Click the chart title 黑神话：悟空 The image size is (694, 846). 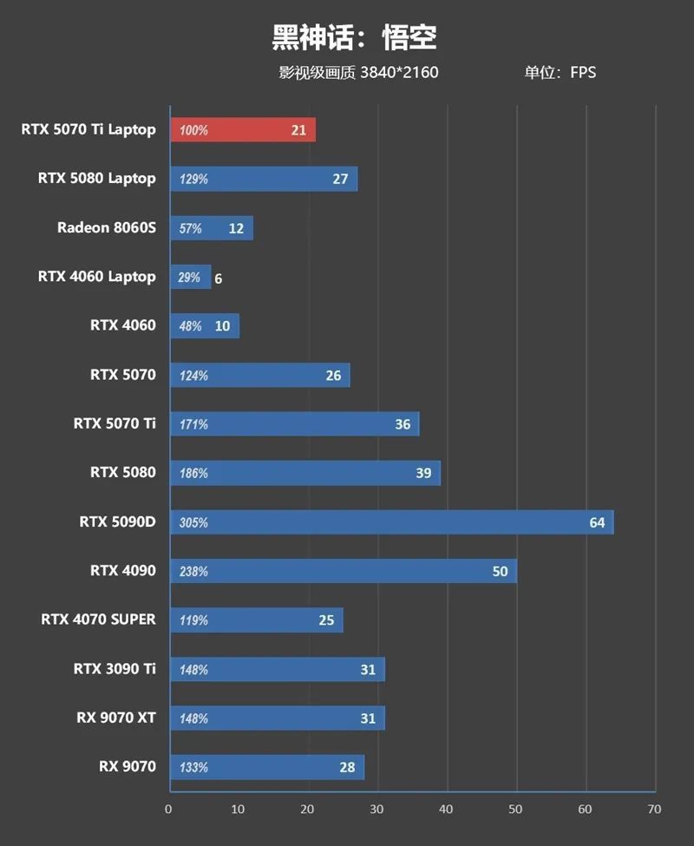click(x=354, y=37)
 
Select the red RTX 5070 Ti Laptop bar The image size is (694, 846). click(x=243, y=130)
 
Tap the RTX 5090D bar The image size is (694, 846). click(x=391, y=522)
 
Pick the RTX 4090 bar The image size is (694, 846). click(x=344, y=571)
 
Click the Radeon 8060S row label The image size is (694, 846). click(x=107, y=228)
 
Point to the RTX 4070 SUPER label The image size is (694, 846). click(x=98, y=620)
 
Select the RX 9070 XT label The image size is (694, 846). click(x=116, y=718)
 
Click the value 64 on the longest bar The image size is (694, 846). click(x=597, y=522)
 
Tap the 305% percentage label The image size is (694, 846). click(x=193, y=523)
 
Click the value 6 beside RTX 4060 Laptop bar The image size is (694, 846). click(x=219, y=279)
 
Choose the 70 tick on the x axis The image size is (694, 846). click(x=654, y=810)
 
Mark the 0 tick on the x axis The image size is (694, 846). click(x=169, y=810)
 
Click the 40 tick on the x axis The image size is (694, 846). click(x=446, y=810)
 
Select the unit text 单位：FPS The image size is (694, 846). click(x=560, y=73)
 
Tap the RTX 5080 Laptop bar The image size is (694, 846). click(x=264, y=179)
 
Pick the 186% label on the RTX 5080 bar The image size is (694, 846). click(x=193, y=474)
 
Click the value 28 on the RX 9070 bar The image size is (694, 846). click(x=348, y=768)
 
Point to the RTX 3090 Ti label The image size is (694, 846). click(x=115, y=668)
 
